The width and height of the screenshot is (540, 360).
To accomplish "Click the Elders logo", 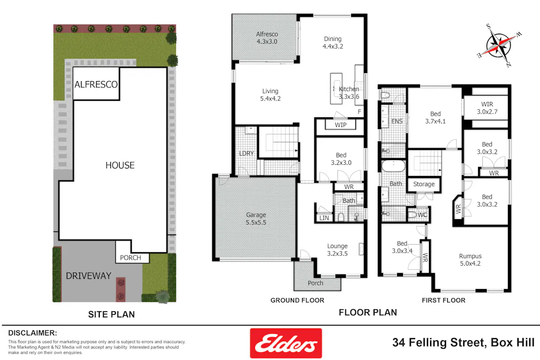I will pyautogui.click(x=286, y=343).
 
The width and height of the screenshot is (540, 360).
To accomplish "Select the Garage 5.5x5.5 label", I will pyautogui.click(x=256, y=218).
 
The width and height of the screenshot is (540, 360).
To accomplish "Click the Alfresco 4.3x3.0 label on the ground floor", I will pyautogui.click(x=267, y=38).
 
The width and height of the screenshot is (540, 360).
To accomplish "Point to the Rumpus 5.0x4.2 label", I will pyautogui.click(x=470, y=260).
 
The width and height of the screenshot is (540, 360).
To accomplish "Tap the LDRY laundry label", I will pyautogui.click(x=246, y=154).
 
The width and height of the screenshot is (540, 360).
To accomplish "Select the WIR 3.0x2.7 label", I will pyautogui.click(x=487, y=108).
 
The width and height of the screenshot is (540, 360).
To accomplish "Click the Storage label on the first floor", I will pyautogui.click(x=424, y=185).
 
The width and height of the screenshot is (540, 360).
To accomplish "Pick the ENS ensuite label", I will pyautogui.click(x=397, y=122).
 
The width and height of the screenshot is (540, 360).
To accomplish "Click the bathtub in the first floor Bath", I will pyautogui.click(x=394, y=165).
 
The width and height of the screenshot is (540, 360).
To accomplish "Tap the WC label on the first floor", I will pyautogui.click(x=423, y=215).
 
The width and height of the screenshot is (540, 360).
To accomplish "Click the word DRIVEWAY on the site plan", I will pyautogui.click(x=89, y=276).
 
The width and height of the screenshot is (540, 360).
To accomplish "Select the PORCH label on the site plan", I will pyautogui.click(x=131, y=258).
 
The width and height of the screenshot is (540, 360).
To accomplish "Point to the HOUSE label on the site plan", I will pyautogui.click(x=120, y=165).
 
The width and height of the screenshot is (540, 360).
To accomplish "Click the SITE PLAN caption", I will pyautogui.click(x=111, y=315).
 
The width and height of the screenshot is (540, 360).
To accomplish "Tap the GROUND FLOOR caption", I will pyautogui.click(x=297, y=300).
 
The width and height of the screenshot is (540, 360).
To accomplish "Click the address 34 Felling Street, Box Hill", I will pyautogui.click(x=463, y=342).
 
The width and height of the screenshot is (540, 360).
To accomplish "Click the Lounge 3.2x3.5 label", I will pyautogui.click(x=337, y=250).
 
